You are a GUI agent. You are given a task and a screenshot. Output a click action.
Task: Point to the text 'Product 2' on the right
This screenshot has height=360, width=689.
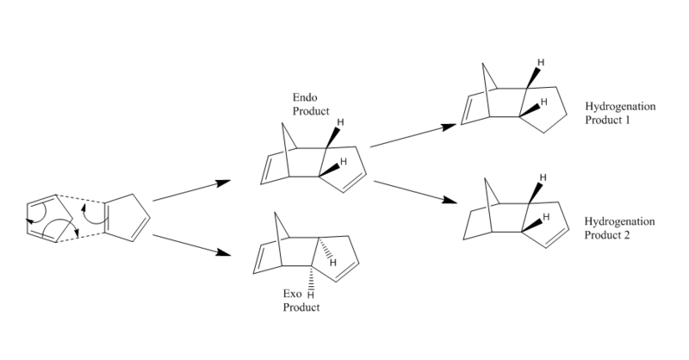point(608,234)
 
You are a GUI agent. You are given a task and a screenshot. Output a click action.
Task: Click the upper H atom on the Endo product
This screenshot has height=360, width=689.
point(341,122)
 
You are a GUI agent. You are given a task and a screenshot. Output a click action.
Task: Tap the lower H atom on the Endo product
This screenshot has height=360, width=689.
point(343,161)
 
